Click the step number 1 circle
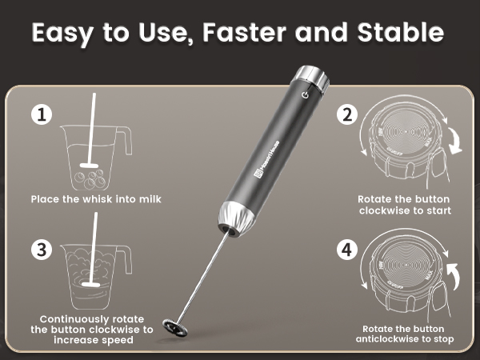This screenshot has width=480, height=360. pos(42,115)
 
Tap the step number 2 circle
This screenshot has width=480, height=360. pos(347,115)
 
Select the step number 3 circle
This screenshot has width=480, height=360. pos(42,249)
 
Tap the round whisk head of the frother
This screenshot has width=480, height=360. pos(174,326)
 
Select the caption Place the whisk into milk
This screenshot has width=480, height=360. pos(96,198)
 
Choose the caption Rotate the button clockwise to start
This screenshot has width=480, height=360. pos(404,205)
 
